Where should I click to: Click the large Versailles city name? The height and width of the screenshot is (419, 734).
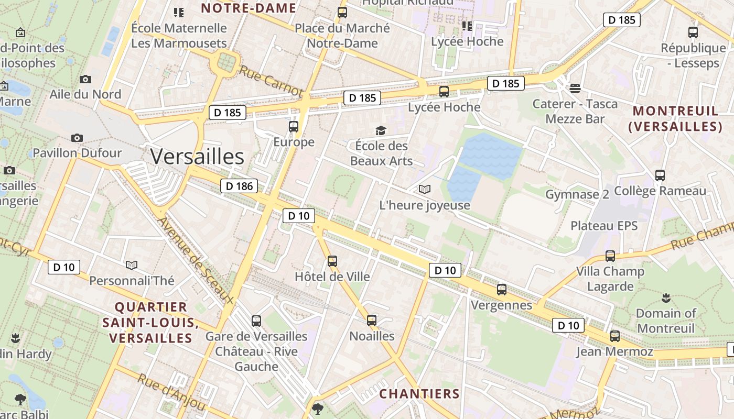coord(197,157)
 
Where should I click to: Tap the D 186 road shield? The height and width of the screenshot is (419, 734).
coord(239,185)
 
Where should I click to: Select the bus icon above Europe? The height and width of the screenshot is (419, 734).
coord(294,126)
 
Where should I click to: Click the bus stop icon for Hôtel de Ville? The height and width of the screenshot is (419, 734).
coord(332,261)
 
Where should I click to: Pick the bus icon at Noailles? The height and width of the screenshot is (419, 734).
coord(372,320)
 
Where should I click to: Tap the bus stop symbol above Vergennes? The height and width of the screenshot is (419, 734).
coord(502,290)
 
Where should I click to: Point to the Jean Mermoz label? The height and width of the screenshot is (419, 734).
coord(614,351)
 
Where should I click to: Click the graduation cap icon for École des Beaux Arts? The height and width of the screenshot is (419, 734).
coord(381,130)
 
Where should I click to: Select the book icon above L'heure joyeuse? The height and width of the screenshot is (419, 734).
coord(425,189)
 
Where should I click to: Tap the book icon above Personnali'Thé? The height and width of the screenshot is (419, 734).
coord(132,265)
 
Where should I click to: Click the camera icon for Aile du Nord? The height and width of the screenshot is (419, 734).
coord(85,80)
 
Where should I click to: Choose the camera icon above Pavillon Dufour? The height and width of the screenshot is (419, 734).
coord(77,138)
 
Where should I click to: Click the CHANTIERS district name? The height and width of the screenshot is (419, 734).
coord(419,394)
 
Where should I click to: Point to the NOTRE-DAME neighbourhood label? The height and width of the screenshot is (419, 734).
coord(249,8)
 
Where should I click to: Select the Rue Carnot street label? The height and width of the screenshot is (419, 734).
coord(271,81)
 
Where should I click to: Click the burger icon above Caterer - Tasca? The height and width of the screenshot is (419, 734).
coord(575,89)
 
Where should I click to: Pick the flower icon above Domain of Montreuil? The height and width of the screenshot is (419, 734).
coord(666,298)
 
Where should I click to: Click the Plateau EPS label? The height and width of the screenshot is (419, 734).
coord(604,226)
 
